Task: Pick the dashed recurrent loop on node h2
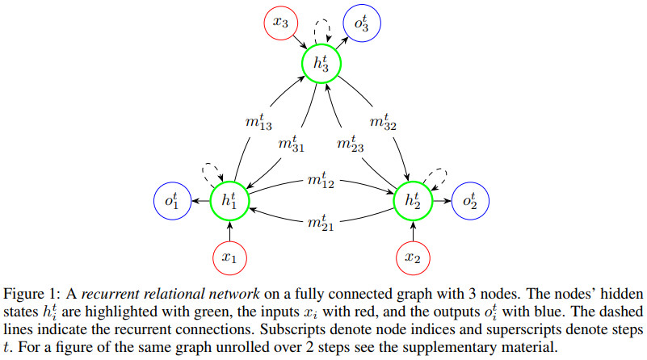(x=437, y=176)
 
